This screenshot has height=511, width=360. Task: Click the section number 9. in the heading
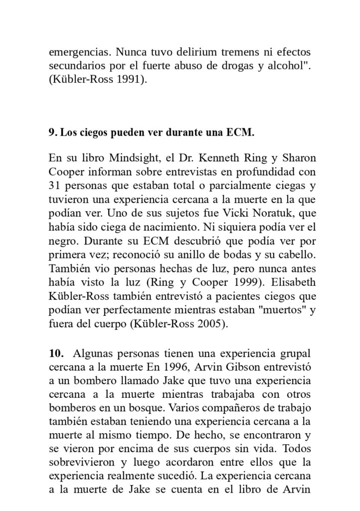(52, 133)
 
